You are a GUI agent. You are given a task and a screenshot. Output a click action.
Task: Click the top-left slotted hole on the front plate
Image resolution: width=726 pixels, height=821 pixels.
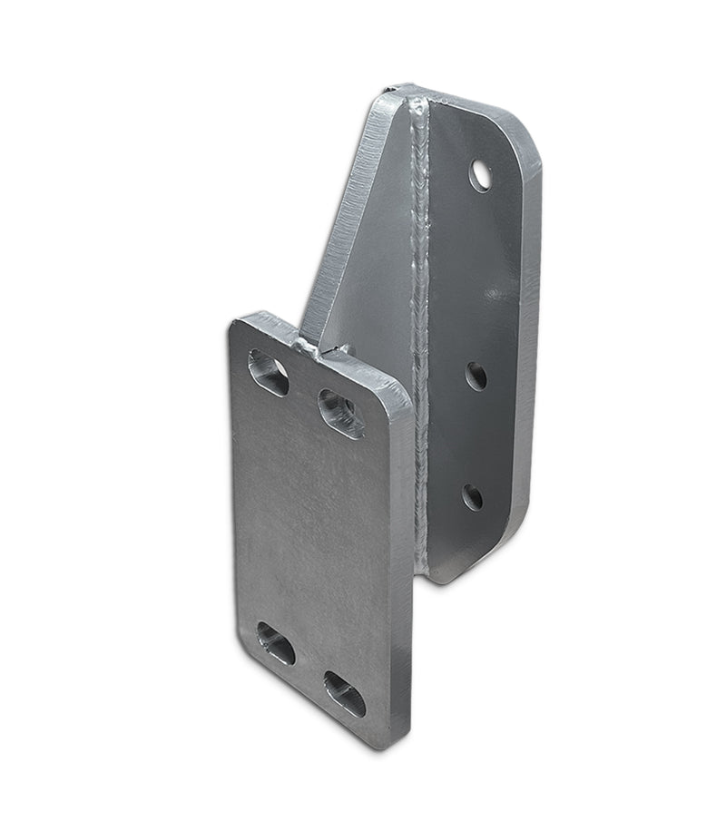(x=268, y=372)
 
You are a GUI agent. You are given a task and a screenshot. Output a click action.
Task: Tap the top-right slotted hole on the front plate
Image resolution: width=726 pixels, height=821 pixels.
(x=340, y=413)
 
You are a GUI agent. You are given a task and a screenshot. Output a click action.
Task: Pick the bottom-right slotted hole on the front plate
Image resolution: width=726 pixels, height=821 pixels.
(x=345, y=694)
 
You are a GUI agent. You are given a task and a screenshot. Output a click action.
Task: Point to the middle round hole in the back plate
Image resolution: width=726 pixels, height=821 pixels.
(x=476, y=376)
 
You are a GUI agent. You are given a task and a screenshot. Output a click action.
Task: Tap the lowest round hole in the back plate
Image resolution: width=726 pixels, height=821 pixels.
(x=473, y=496)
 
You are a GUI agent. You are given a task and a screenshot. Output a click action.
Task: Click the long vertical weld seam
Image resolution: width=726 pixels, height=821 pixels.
(x=420, y=345)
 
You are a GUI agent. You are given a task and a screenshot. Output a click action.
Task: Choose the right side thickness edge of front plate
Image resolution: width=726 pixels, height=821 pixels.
(x=405, y=581)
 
